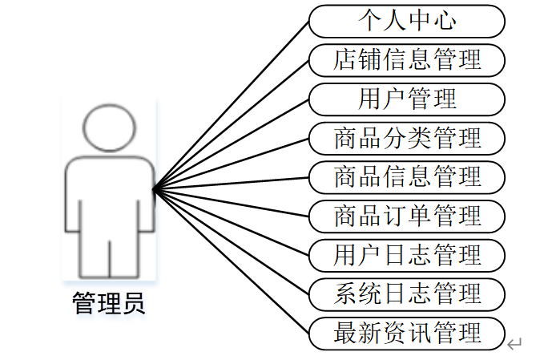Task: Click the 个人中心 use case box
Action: [407, 21]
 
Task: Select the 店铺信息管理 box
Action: [407, 60]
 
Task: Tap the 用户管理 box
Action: [407, 99]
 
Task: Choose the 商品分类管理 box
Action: [407, 138]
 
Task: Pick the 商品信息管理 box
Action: [407, 176]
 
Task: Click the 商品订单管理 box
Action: [407, 216]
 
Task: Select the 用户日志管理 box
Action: [407, 255]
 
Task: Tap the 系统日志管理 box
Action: [407, 293]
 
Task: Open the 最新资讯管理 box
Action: [407, 333]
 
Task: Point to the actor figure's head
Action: [109, 128]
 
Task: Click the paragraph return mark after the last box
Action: [515, 345]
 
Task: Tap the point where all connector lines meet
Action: [153, 189]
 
